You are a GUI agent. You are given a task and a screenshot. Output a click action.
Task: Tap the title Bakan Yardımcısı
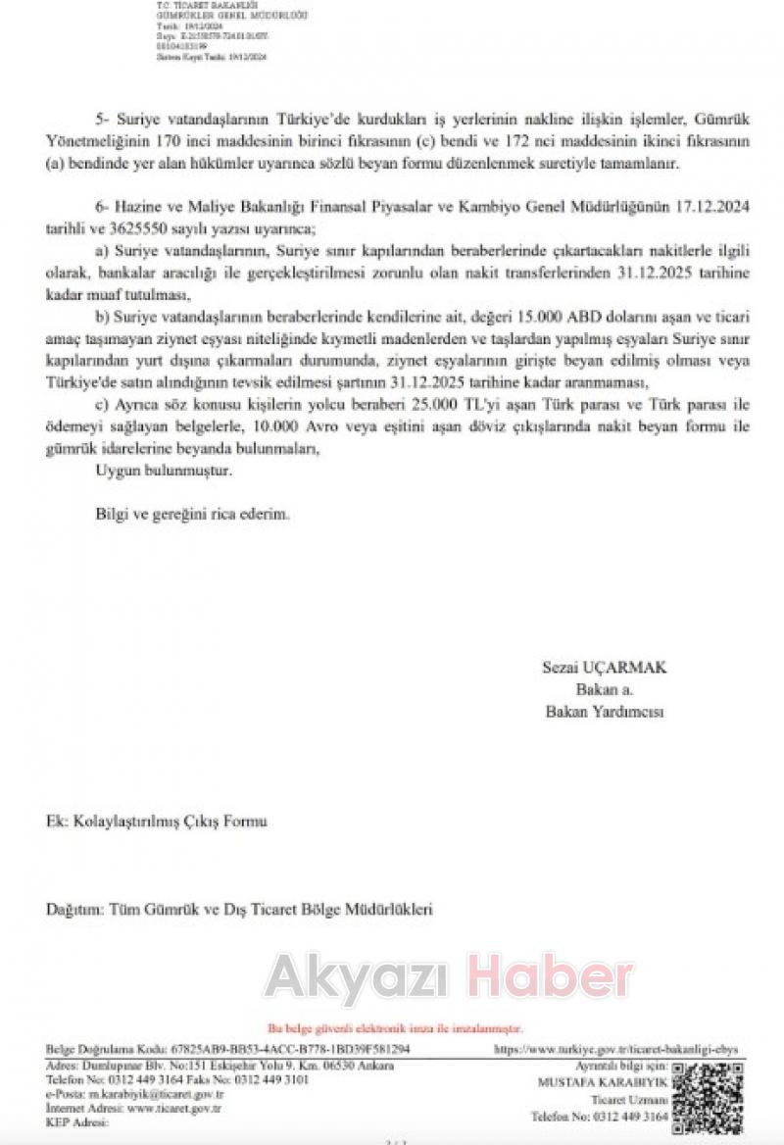coord(604,713)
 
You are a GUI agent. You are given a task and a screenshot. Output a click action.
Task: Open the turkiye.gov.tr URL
coord(617,1049)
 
